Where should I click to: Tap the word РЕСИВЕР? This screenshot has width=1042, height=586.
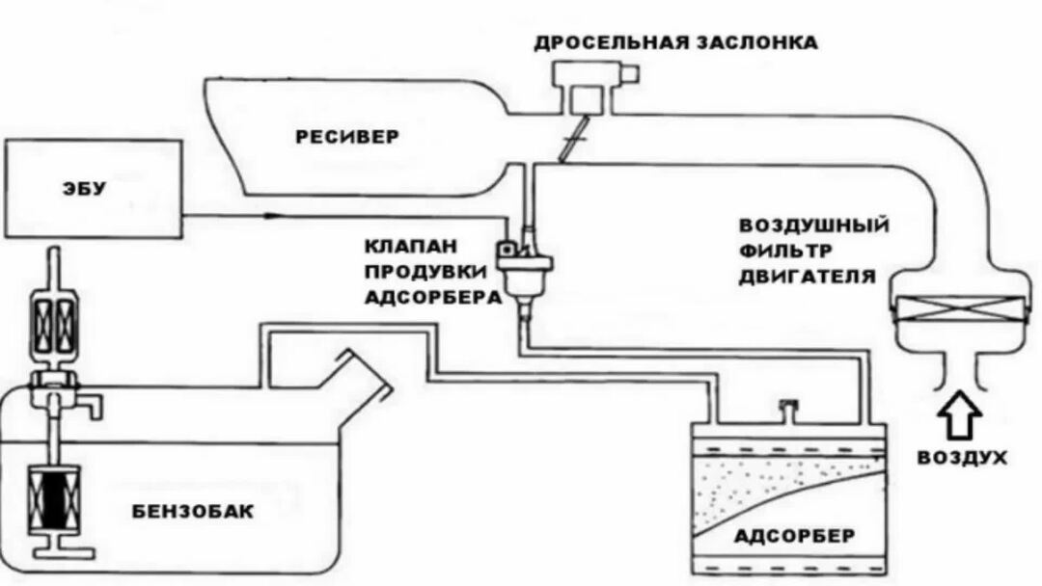(x=346, y=137)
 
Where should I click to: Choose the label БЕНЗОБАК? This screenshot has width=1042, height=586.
(x=194, y=511)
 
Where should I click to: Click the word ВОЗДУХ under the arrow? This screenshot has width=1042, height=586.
(x=960, y=456)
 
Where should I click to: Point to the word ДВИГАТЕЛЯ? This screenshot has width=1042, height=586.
(x=808, y=278)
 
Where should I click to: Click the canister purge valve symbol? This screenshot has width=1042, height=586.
(x=524, y=264)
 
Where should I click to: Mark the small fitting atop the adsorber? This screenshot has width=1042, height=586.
(x=786, y=411)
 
